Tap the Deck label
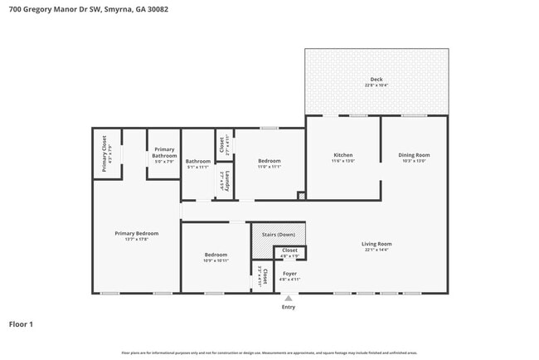tap(376, 79)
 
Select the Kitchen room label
tap(343, 155)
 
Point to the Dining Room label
tap(414, 155)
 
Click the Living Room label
tap(376, 244)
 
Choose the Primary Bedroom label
tap(136, 233)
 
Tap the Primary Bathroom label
tap(164, 153)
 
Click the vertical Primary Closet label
tap(104, 153)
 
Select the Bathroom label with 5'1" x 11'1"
tap(198, 161)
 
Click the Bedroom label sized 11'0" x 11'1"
tap(269, 161)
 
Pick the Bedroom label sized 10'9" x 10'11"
tap(216, 255)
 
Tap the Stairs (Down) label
tap(279, 234)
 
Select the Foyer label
tap(289, 273)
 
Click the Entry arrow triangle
tap(288, 299)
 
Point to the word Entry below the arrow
tap(288, 307)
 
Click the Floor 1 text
tap(21, 324)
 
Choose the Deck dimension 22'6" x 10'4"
tap(376, 85)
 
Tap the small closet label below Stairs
tap(289, 250)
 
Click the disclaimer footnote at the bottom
tap(269, 352)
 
